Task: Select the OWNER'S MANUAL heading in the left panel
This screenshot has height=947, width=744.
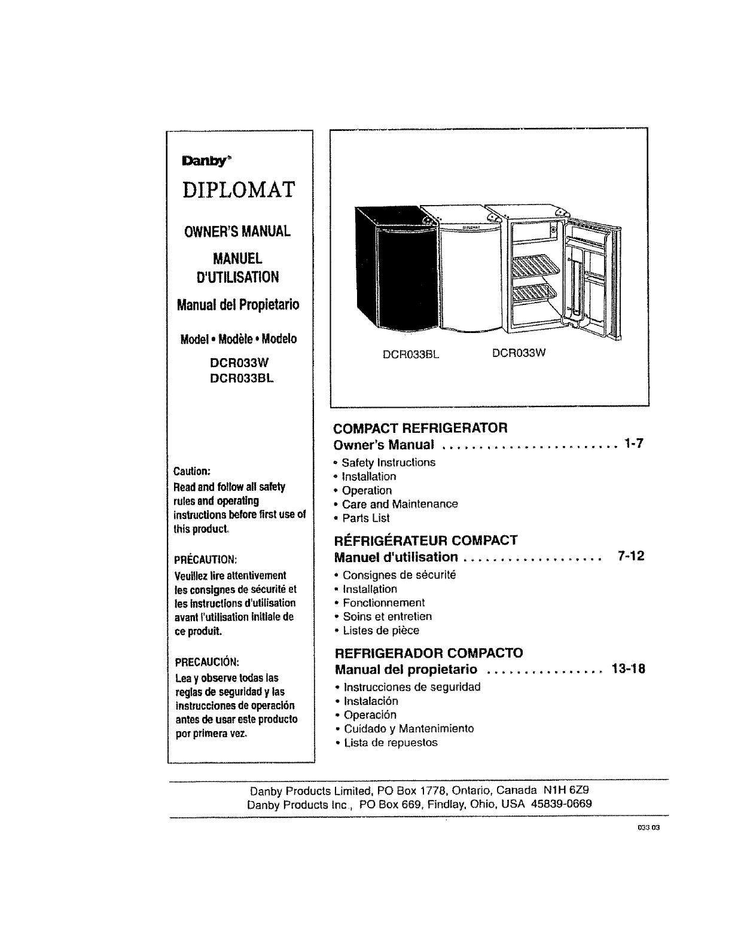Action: (238, 231)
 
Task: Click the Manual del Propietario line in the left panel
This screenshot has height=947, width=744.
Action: (238, 305)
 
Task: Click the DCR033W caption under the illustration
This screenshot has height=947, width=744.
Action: (519, 353)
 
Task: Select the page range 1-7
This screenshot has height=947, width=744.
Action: (632, 444)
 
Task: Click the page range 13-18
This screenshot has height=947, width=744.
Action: (628, 668)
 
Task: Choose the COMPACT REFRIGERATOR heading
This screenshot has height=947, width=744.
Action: (420, 428)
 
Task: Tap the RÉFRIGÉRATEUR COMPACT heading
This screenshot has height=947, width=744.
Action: (426, 540)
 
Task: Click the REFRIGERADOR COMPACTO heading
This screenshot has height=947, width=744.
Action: (429, 652)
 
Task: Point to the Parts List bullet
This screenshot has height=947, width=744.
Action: (365, 518)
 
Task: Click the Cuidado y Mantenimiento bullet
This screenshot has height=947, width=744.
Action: (408, 729)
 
